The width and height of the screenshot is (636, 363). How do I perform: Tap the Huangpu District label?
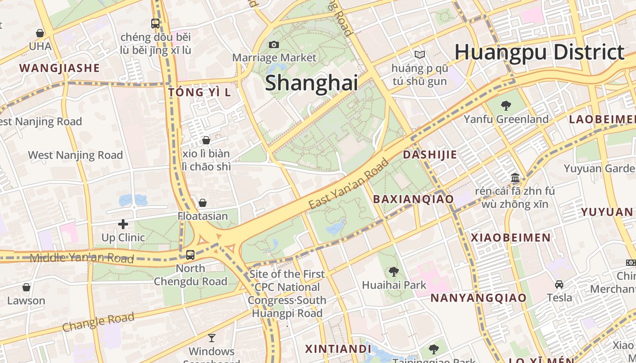coord(539,52)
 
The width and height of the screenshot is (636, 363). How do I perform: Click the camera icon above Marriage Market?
coord(273,44)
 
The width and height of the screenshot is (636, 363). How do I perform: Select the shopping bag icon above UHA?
coord(40,33)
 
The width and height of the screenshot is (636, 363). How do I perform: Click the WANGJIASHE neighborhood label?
coord(60,69)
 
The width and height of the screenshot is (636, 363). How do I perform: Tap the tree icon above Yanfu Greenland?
coord(506,106)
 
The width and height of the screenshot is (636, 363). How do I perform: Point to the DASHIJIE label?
coord(430,155)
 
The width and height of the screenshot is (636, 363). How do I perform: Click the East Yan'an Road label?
coord(349,184)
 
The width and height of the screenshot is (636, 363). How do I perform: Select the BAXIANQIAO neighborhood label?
coord(413,199)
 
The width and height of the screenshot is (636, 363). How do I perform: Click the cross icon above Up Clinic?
coord(123,224)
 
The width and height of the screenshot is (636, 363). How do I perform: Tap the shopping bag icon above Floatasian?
coord(203,203)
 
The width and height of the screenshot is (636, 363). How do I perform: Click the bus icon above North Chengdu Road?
coord(190,255)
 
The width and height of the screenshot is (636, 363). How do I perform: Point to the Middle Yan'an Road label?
coord(82,258)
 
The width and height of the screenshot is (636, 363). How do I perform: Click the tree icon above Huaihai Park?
coord(393,272)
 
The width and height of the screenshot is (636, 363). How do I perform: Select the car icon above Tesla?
coord(559,285)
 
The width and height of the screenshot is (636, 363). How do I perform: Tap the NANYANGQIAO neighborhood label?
coord(478,298)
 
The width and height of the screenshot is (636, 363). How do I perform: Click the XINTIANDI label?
coord(338,349)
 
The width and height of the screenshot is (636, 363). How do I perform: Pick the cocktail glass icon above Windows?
coord(212,338)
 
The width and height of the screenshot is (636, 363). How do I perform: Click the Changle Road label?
coord(98,322)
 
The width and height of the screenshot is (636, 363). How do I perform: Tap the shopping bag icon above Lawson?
coord(26,287)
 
